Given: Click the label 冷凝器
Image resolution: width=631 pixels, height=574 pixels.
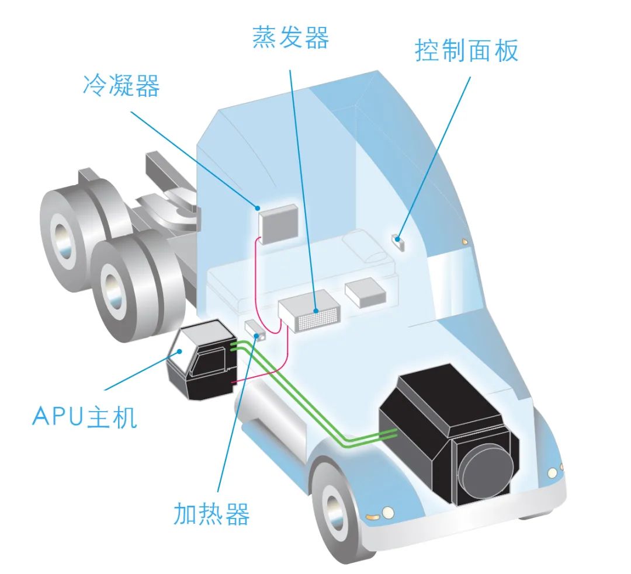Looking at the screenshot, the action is pyautogui.click(x=121, y=85).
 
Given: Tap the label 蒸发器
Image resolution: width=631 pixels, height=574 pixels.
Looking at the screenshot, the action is pyautogui.click(x=290, y=37).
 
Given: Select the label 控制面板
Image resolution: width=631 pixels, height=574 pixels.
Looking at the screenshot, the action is pyautogui.click(x=466, y=51).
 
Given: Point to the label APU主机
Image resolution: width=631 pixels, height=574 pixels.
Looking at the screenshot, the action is pyautogui.click(x=85, y=416).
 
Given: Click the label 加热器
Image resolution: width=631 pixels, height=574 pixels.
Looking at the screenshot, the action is pyautogui.click(x=212, y=514).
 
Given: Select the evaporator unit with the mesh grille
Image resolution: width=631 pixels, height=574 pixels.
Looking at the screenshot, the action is pyautogui.click(x=310, y=311).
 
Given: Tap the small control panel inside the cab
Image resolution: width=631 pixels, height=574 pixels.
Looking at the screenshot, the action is pyautogui.click(x=398, y=242).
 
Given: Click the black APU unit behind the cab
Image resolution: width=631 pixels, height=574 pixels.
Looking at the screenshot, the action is pyautogui.click(x=201, y=359).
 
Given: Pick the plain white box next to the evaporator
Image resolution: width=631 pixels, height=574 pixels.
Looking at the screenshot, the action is pyautogui.click(x=365, y=292).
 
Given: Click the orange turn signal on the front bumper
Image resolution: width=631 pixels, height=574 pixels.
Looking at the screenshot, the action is pyautogui.click(x=373, y=516).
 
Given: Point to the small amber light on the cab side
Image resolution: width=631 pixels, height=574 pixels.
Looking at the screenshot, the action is pyautogui.click(x=465, y=242).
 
